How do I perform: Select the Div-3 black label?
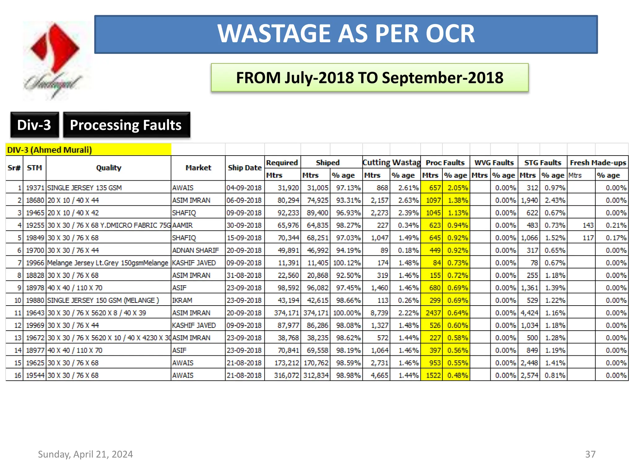[34, 125]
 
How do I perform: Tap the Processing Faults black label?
[126, 125]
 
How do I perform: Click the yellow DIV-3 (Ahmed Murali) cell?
[88, 150]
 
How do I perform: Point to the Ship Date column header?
[245, 168]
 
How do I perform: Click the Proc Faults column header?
[445, 163]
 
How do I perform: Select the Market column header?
[198, 168]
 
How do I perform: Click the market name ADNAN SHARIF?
[195, 250]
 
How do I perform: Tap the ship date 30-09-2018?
[244, 225]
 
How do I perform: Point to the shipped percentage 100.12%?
[347, 263]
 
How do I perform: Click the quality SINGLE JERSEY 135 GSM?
[84, 188]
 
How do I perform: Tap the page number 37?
[590, 454]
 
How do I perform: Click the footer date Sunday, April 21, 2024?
[85, 454]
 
